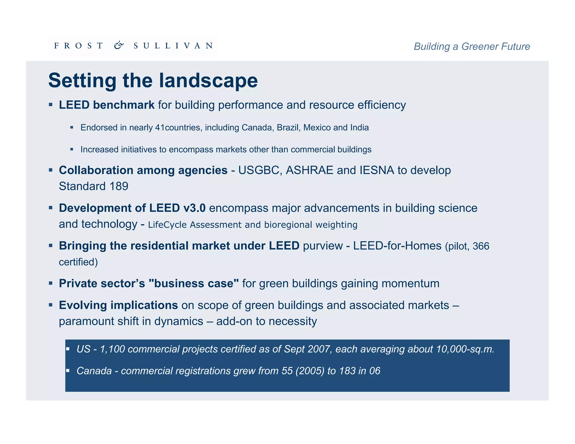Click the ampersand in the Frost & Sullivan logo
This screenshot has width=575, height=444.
click(x=119, y=45)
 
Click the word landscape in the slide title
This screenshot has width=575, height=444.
click(x=208, y=81)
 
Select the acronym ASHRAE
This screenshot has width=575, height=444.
click(x=309, y=170)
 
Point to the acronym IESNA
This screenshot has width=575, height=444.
click(x=377, y=170)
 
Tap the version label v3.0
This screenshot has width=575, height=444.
click(x=194, y=208)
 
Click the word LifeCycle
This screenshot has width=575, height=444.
click(x=167, y=225)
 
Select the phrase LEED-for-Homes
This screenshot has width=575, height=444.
click(x=397, y=246)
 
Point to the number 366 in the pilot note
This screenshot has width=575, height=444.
click(x=481, y=246)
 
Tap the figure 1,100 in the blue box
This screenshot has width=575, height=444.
click(x=112, y=349)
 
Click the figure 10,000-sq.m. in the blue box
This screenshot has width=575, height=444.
click(x=465, y=349)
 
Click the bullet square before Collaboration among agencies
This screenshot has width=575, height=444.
click(x=51, y=170)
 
